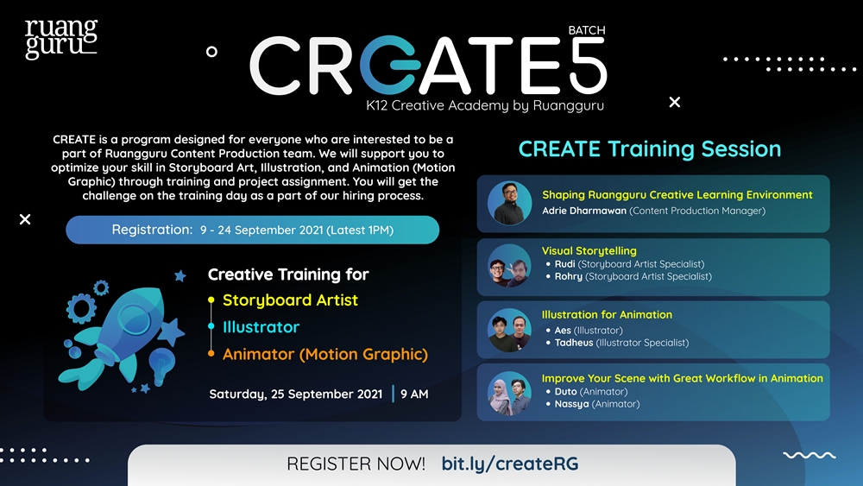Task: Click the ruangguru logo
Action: [x=61, y=39]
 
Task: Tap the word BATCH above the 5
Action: [x=587, y=30]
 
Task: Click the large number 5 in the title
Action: [x=588, y=65]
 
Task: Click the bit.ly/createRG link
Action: [x=510, y=464]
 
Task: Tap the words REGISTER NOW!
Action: [x=356, y=464]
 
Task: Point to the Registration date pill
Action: [x=253, y=230]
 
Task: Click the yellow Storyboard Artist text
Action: [x=290, y=300]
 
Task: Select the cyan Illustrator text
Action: [x=261, y=327]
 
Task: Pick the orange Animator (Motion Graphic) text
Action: [x=324, y=354]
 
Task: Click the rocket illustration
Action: [x=121, y=337]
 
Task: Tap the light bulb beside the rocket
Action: [x=162, y=365]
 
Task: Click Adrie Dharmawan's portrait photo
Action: [x=509, y=203]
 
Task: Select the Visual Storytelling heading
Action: [x=589, y=251]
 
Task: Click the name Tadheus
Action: [x=574, y=343]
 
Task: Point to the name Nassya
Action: [x=571, y=404]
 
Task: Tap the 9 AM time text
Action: [x=414, y=394]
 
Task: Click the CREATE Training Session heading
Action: [x=650, y=149]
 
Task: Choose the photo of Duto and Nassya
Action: [x=509, y=394]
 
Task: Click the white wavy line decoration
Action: [x=809, y=455]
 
